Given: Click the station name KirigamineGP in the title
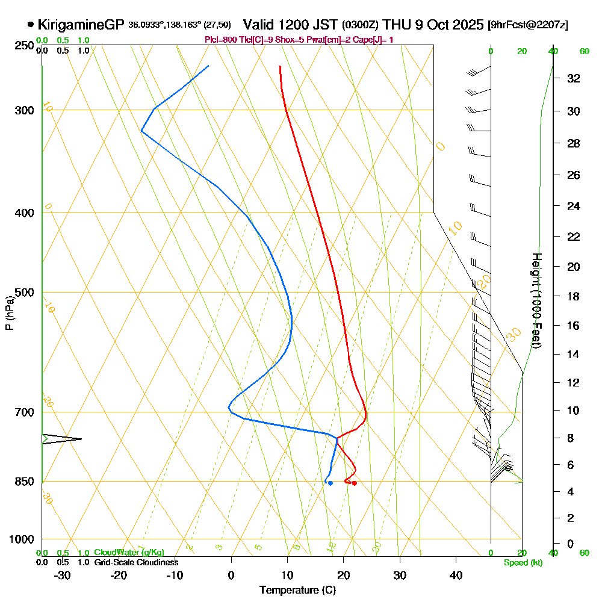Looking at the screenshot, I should click(82, 25).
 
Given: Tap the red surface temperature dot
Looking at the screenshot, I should click(355, 483).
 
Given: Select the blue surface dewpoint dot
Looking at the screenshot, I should click(330, 483).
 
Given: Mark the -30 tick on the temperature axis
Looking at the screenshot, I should click(63, 575).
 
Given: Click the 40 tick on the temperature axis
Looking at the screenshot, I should click(456, 575).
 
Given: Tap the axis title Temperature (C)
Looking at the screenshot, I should click(297, 590).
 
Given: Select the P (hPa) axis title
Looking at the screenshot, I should click(10, 312).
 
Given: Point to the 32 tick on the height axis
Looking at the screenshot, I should click(574, 78).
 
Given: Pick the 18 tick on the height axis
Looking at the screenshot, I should click(574, 296).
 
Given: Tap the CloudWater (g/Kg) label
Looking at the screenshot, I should click(129, 553).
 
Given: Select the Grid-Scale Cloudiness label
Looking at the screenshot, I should click(136, 562).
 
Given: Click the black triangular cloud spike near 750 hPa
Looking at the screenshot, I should click(60, 439).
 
